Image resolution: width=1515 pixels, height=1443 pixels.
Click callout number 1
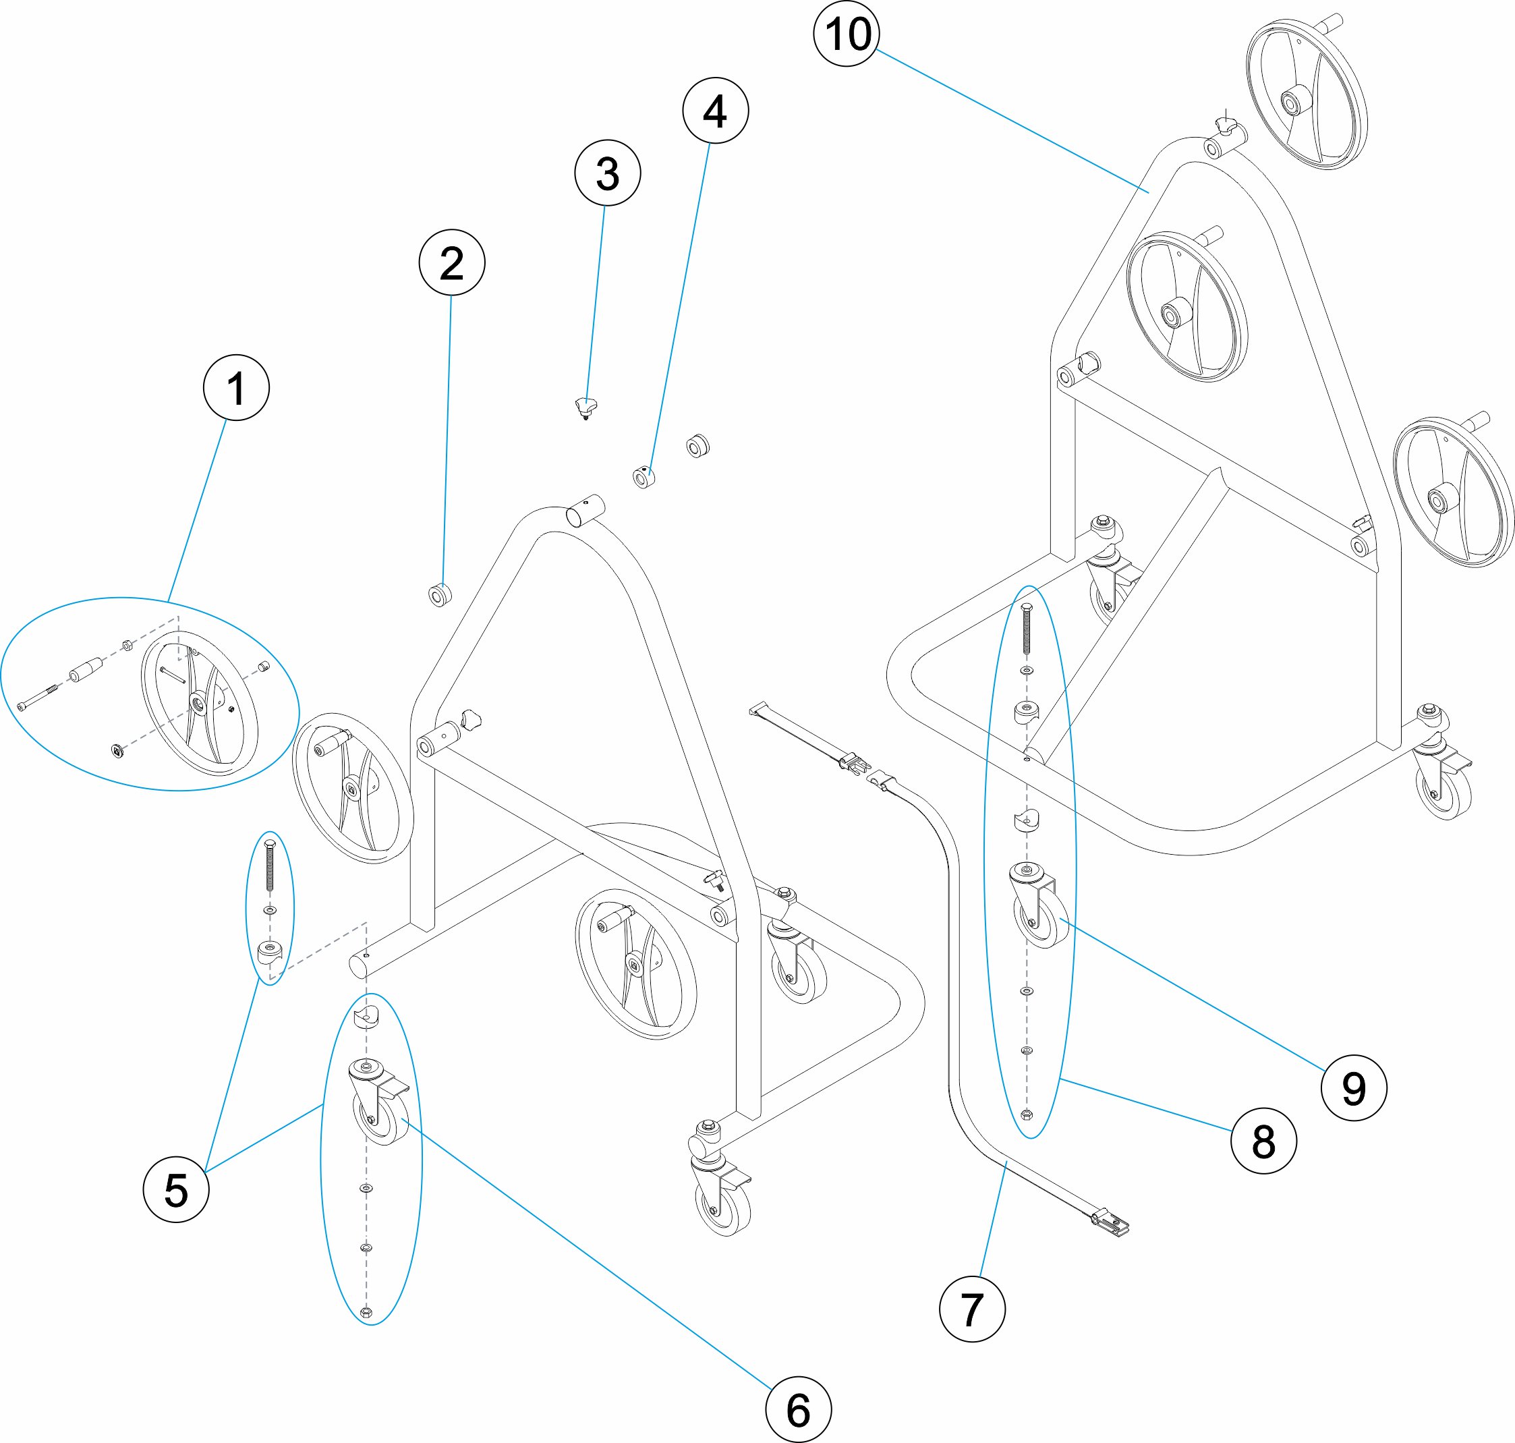[x=236, y=388]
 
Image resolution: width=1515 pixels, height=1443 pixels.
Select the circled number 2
[x=451, y=262]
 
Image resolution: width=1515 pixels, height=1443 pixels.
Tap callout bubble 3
[x=608, y=173]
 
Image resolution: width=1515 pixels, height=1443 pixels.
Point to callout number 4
[x=715, y=110]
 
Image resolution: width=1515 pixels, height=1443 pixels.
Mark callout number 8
[x=1263, y=1140]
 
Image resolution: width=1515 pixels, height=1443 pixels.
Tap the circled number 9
[x=1354, y=1087]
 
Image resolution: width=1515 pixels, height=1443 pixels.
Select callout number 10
[x=847, y=33]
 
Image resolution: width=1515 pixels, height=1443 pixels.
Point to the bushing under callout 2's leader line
[x=440, y=594]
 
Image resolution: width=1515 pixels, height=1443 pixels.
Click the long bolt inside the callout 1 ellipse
[x=38, y=701]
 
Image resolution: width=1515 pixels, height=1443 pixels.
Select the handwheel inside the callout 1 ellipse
[x=199, y=702]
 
